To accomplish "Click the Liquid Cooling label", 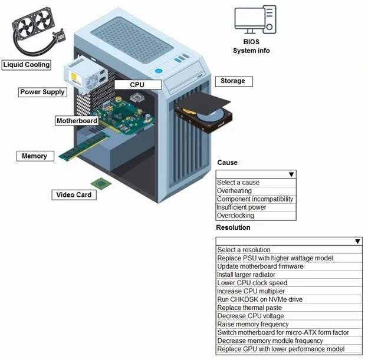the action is (27, 65).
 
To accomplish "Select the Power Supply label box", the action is (42, 92).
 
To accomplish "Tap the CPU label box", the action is (138, 84).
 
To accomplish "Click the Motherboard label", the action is (77, 121).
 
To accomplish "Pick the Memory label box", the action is (35, 156).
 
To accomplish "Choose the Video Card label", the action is (74, 194).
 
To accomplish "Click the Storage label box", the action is (234, 81).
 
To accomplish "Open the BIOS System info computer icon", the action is (255, 19).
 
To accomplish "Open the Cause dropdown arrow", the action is (291, 174).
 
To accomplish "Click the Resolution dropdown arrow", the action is (357, 242).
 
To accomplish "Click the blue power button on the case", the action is (159, 71).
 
